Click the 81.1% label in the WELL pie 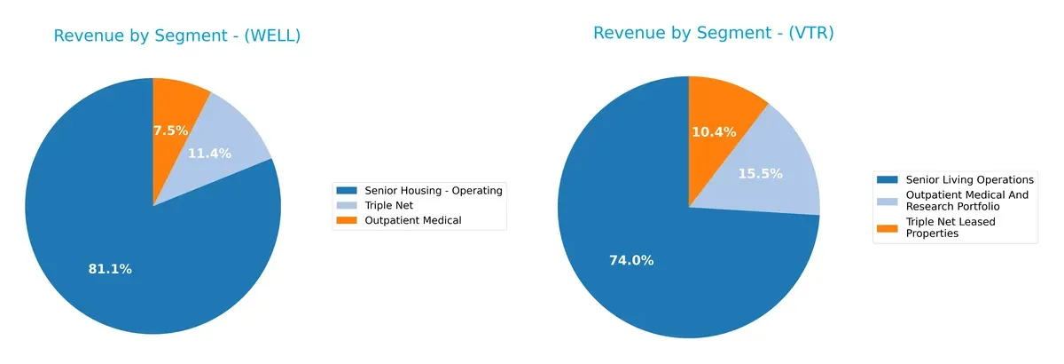(x=110, y=269)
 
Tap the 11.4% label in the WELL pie (x=209, y=154)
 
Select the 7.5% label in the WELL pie (x=170, y=131)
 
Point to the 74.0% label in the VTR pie (x=631, y=260)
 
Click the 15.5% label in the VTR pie (x=761, y=174)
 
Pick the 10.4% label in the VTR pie (x=713, y=131)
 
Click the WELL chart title (x=177, y=36)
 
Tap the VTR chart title (x=713, y=34)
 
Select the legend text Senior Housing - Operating (x=434, y=190)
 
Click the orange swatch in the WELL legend (x=348, y=220)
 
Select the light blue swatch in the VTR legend (x=887, y=201)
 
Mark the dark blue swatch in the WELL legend (x=348, y=190)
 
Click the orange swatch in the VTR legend (x=887, y=227)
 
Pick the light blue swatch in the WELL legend (x=348, y=205)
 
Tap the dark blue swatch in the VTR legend (x=887, y=179)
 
